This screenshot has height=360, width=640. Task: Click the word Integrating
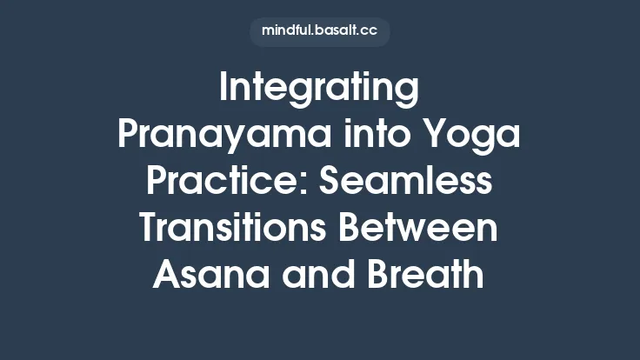click(x=319, y=90)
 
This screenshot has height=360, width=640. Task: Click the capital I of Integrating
click(x=225, y=90)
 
